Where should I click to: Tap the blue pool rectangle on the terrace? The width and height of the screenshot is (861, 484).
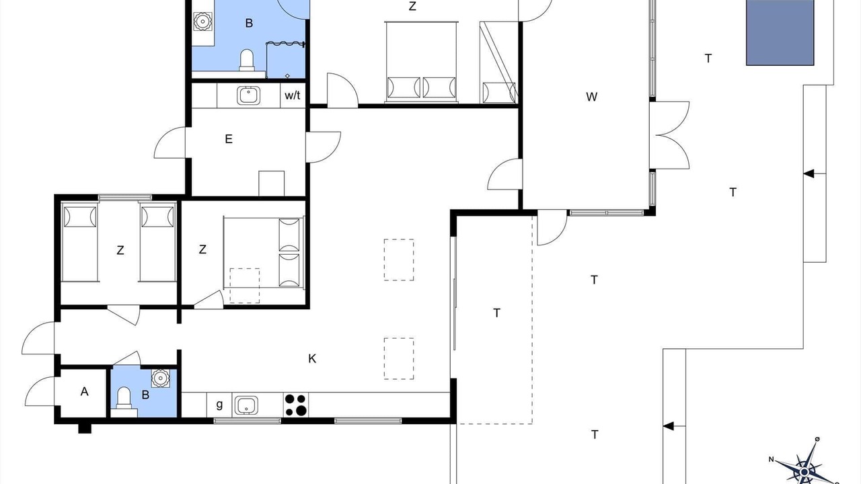[780, 32]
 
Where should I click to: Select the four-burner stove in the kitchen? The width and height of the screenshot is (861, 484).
[296, 405]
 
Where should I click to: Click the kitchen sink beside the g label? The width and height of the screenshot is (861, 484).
[246, 405]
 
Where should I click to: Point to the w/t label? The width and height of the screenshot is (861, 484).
[293, 95]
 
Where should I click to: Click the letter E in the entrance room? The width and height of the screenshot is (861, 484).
[229, 139]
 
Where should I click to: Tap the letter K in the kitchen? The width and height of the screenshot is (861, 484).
[312, 359]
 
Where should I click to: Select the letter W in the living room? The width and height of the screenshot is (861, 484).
[591, 97]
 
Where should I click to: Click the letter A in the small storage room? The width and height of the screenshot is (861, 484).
[85, 391]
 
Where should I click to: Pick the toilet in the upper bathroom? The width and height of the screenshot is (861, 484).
[247, 61]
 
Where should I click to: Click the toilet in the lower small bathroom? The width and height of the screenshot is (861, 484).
[124, 398]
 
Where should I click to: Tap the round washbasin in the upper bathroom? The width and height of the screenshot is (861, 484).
[203, 21]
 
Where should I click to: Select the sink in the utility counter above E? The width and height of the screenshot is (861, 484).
[248, 95]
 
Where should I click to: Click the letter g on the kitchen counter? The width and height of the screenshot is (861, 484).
[219, 405]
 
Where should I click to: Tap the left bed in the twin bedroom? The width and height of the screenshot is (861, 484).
[80, 242]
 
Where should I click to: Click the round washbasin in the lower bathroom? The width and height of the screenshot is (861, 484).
[161, 378]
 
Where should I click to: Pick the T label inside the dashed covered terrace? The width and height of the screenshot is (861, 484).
[496, 313]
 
